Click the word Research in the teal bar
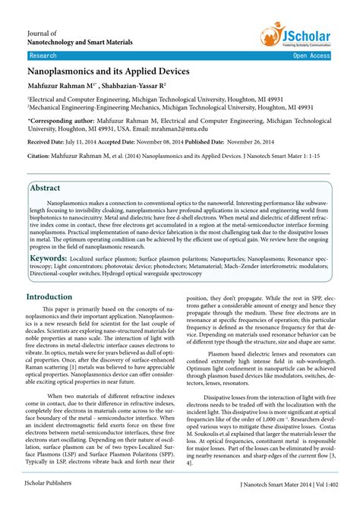tap(43, 56)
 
